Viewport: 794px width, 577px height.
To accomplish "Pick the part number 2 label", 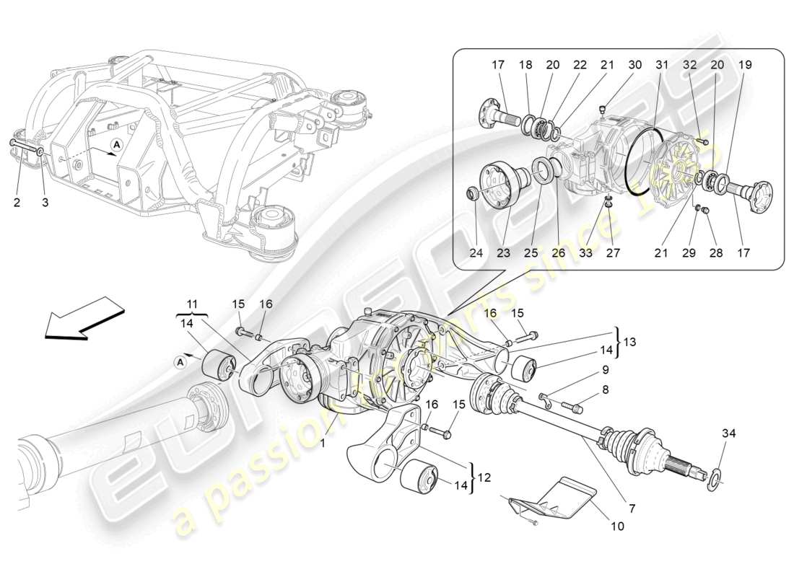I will click(17, 203).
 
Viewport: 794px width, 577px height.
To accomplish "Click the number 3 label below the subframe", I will click(45, 203).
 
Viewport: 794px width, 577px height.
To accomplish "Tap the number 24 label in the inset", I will click(476, 253).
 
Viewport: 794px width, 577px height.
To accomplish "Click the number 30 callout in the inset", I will click(634, 65).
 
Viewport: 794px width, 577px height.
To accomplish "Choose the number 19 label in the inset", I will click(745, 65).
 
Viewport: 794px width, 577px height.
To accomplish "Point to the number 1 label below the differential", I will click(323, 444).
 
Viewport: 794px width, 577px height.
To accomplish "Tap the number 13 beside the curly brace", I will click(630, 341).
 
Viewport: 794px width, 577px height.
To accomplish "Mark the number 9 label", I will click(605, 369).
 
